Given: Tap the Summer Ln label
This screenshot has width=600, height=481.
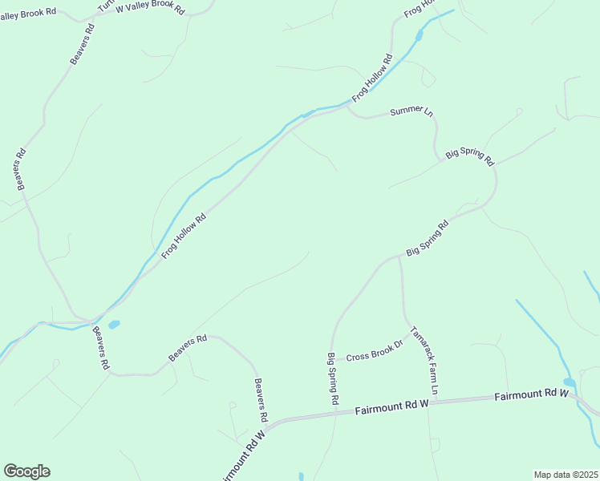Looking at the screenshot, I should point(411,111).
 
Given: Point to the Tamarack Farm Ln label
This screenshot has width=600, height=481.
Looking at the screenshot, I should point(425,360).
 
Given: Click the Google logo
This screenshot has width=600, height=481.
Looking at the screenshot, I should point(26,471).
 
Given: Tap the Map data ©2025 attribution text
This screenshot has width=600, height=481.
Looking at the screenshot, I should point(566,475).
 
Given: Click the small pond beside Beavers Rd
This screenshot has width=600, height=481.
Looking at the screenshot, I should point(114,325).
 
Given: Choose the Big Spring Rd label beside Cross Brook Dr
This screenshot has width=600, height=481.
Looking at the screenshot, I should point(334,378).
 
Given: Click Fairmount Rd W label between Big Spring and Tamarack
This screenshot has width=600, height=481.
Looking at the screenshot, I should point(392,407).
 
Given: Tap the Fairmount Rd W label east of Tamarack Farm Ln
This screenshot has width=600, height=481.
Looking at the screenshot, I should point(531,394).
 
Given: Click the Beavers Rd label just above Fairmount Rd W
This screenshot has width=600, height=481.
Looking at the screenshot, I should point(260,400).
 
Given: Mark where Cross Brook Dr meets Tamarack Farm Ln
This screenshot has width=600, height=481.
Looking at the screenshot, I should point(411,336).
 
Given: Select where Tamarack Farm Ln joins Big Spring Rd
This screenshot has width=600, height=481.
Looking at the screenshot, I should point(399,257).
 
